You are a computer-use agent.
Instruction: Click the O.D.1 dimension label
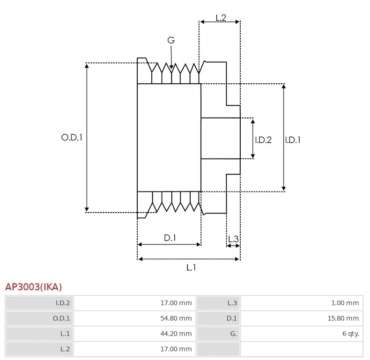[x=72, y=138]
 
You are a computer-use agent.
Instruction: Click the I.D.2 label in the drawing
[x=263, y=140]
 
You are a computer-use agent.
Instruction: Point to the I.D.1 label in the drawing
[x=293, y=140]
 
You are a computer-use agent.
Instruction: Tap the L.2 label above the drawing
[x=221, y=18]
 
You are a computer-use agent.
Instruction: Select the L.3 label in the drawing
[x=233, y=239]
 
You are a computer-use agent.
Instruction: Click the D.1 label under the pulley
[x=170, y=238]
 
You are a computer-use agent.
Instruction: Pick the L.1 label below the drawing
[x=191, y=267]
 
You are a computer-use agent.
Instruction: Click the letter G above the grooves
[x=171, y=41]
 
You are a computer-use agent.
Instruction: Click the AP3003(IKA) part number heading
[x=33, y=287]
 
